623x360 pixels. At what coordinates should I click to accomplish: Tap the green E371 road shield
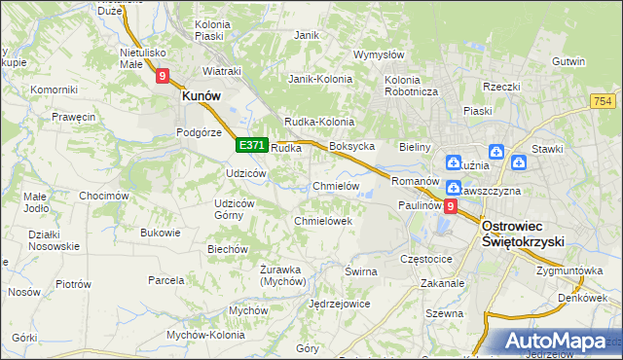[x=251, y=145]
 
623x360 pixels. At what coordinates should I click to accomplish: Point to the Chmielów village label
[x=337, y=186]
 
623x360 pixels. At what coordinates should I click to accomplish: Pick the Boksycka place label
[x=352, y=146]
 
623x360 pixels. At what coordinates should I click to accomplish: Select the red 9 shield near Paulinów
[x=450, y=206]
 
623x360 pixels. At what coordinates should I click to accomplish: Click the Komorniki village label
[x=54, y=90]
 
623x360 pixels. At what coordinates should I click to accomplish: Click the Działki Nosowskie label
[x=54, y=240]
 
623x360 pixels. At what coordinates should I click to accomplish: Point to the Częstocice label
[x=426, y=260]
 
